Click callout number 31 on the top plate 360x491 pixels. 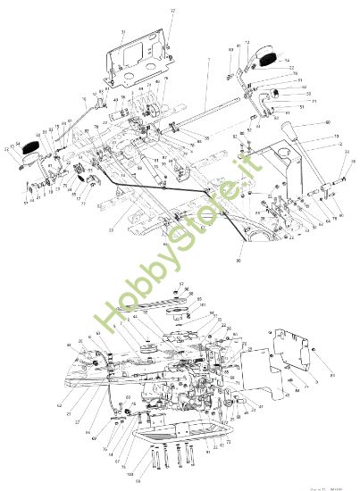click(x=123, y=32)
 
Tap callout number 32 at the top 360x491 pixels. click(x=173, y=10)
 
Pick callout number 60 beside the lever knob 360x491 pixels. click(x=328, y=122)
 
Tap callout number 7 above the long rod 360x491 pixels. click(x=208, y=60)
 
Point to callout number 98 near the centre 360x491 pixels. click(x=238, y=260)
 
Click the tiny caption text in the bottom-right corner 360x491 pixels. click(x=330, y=486)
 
